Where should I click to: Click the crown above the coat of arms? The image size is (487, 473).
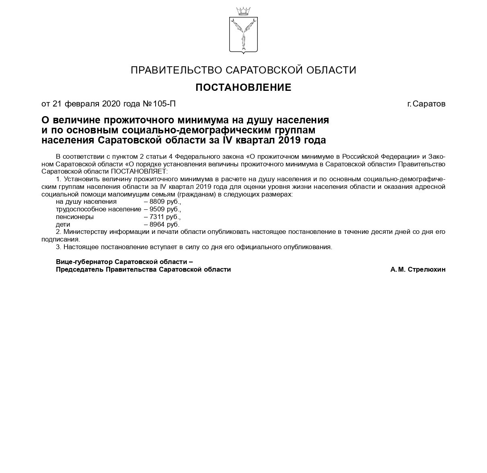(243, 11)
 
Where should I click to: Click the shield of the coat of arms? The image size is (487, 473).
(243, 35)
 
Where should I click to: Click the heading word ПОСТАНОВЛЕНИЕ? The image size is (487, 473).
(243, 87)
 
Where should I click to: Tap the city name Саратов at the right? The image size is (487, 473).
(429, 104)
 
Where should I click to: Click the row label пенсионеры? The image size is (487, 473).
(75, 217)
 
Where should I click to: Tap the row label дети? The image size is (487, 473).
(63, 225)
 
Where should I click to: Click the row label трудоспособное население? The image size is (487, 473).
(99, 209)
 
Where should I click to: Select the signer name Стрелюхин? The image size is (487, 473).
(427, 270)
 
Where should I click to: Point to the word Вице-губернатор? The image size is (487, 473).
(82, 262)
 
